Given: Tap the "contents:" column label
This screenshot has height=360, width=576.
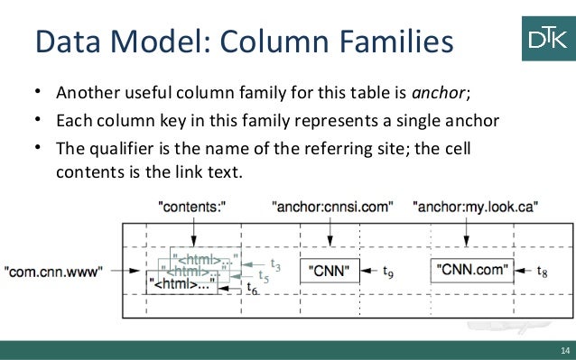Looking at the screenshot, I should pos(191,207).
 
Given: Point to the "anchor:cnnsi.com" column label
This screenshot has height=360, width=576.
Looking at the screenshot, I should pos(331,207).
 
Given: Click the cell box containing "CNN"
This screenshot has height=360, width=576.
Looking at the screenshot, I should pos(330,270).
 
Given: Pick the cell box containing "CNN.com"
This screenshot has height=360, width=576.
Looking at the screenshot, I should pos(469,269).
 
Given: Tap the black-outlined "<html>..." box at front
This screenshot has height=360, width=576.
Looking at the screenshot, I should pos(181,282).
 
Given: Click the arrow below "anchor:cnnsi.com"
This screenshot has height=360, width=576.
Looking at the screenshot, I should pos(330,232).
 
